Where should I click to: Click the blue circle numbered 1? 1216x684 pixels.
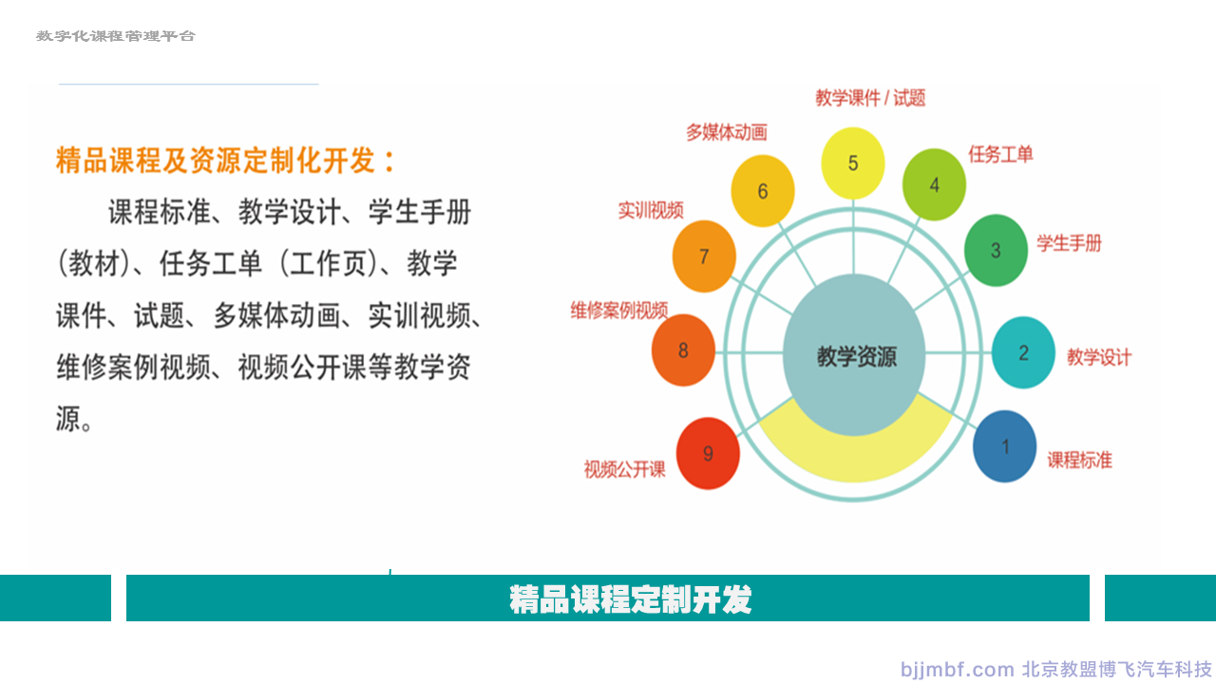click(1005, 446)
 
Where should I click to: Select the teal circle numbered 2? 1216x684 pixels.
click(1023, 352)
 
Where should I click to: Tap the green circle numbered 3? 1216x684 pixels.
click(996, 250)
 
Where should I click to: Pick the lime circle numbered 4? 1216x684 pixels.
click(934, 184)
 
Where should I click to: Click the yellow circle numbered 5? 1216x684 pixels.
click(853, 162)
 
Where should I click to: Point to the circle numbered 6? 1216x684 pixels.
click(763, 191)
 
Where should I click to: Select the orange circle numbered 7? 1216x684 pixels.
click(704, 256)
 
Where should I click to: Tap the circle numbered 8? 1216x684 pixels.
click(683, 351)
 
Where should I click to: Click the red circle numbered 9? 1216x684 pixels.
click(708, 453)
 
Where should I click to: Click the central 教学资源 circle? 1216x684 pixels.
click(854, 355)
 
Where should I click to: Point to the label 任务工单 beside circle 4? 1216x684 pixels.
click(1000, 155)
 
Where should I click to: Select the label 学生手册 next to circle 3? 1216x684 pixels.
click(1069, 243)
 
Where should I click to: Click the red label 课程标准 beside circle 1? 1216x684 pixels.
click(1079, 461)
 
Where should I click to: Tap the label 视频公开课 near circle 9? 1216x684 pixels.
click(624, 469)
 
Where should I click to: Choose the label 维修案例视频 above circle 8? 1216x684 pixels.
click(618, 311)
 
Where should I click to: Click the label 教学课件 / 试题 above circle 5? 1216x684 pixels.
click(870, 98)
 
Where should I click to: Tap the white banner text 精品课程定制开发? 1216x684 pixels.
click(630, 599)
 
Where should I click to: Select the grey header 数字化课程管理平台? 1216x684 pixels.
click(116, 36)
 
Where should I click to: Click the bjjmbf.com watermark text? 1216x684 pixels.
click(957, 670)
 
